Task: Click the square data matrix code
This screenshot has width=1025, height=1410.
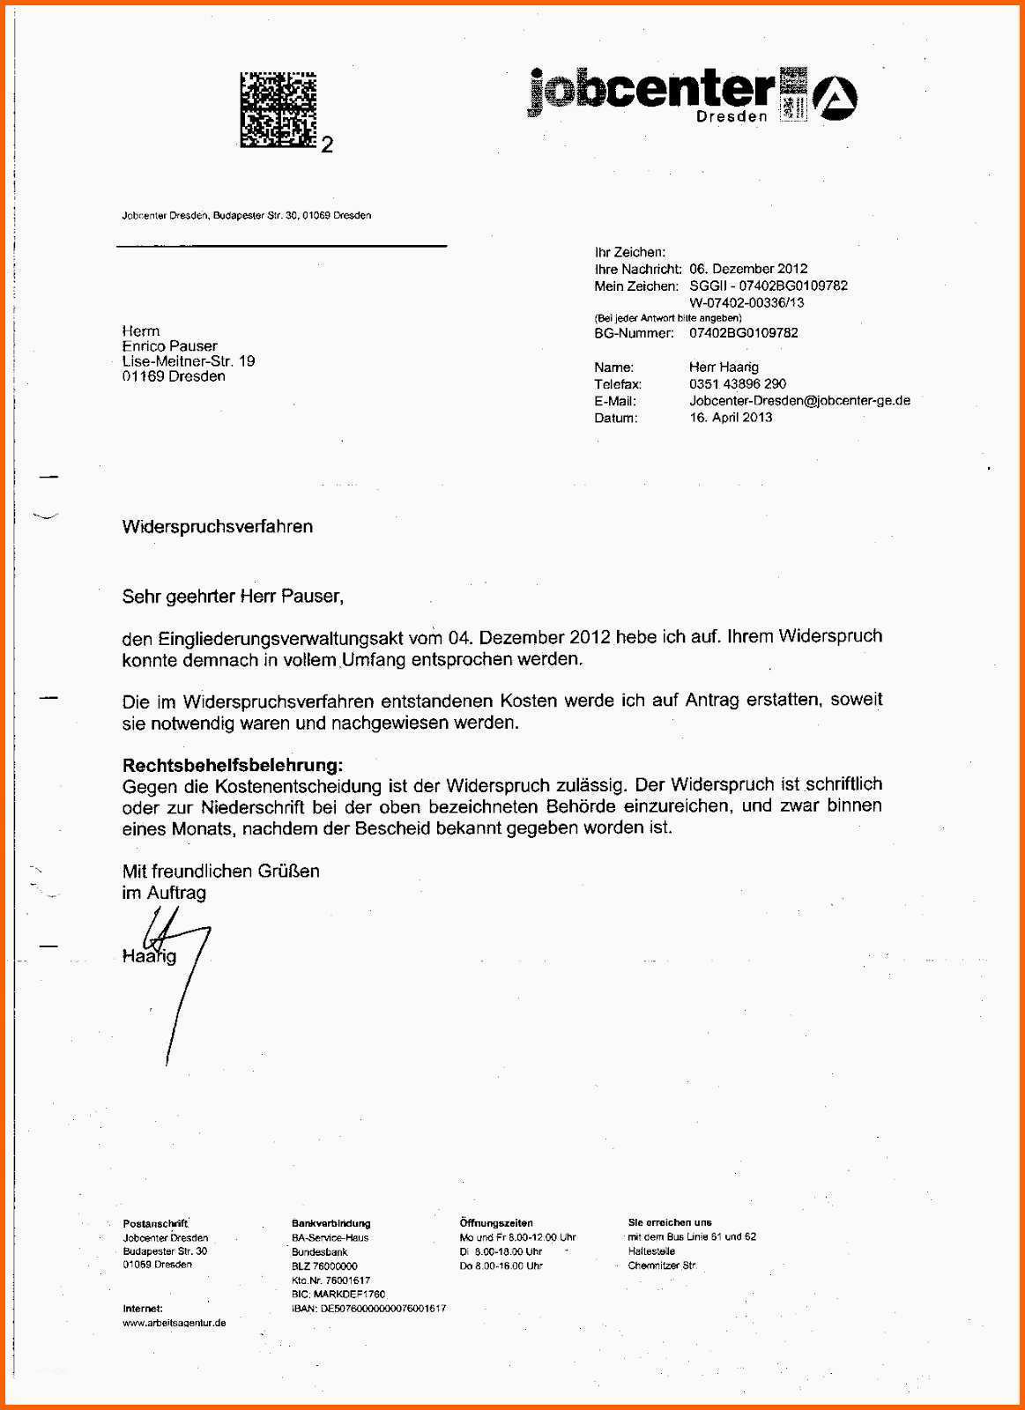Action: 278,109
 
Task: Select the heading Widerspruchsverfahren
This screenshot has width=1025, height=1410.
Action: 217,527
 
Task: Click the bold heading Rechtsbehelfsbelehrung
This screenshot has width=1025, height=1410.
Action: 233,764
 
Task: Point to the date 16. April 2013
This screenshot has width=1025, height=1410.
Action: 731,417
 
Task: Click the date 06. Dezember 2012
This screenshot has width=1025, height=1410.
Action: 748,269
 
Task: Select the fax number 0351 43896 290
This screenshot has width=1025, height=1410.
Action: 738,383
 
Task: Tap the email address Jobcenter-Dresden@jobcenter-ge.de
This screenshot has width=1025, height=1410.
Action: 799,400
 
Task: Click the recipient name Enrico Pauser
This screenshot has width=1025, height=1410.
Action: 169,346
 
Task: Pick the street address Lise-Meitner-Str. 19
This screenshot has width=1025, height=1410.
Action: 189,361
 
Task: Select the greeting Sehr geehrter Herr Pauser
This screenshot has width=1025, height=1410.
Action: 233,597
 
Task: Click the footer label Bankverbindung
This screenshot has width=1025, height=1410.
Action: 331,1223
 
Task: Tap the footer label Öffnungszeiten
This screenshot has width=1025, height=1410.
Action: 496,1223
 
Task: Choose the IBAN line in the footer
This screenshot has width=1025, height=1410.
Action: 368,1309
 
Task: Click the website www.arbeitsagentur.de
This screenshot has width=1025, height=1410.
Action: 175,1323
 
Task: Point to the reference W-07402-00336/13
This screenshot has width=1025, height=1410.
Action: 746,302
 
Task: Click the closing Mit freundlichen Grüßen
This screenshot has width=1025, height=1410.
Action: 220,871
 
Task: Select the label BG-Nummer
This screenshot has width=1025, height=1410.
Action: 634,333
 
